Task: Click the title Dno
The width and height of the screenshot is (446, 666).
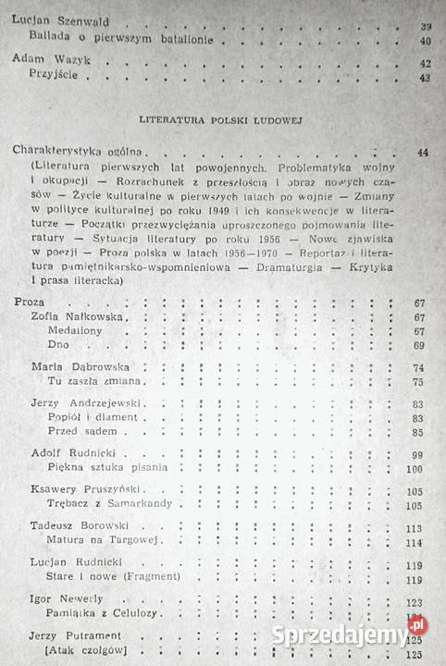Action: (57, 345)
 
